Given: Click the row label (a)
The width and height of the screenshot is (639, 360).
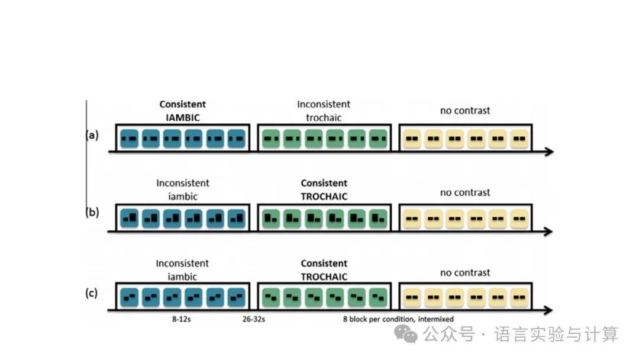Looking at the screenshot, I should tap(92, 135).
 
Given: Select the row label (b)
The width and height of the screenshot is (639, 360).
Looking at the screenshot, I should tap(92, 213).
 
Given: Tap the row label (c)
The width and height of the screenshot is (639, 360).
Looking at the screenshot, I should tap(92, 292).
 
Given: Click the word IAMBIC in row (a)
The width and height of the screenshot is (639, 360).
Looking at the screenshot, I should tap(183, 117).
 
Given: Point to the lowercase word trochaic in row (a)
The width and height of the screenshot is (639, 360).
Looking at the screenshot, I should tap(324, 117).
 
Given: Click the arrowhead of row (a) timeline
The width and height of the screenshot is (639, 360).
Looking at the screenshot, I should tap(548, 152).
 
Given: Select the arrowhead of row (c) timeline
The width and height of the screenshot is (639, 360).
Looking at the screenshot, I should tap(548, 310).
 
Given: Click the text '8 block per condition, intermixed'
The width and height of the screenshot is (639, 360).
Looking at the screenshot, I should tap(398, 320).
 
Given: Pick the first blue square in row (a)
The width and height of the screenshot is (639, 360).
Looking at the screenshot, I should tap(129, 140).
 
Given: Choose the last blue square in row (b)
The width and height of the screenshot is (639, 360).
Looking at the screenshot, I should tap(236, 218).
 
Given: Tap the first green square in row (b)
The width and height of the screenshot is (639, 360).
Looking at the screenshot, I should tap(272, 218).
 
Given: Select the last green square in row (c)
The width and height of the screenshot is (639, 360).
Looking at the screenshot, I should tap(377, 295).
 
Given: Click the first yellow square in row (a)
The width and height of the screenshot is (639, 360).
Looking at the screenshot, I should tap(412, 140).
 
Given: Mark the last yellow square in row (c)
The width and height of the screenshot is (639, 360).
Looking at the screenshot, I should tap(519, 295).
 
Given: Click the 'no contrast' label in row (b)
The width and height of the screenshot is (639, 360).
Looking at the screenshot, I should tap(465, 192).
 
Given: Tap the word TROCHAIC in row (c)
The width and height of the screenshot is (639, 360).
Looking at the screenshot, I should tap(324, 277).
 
